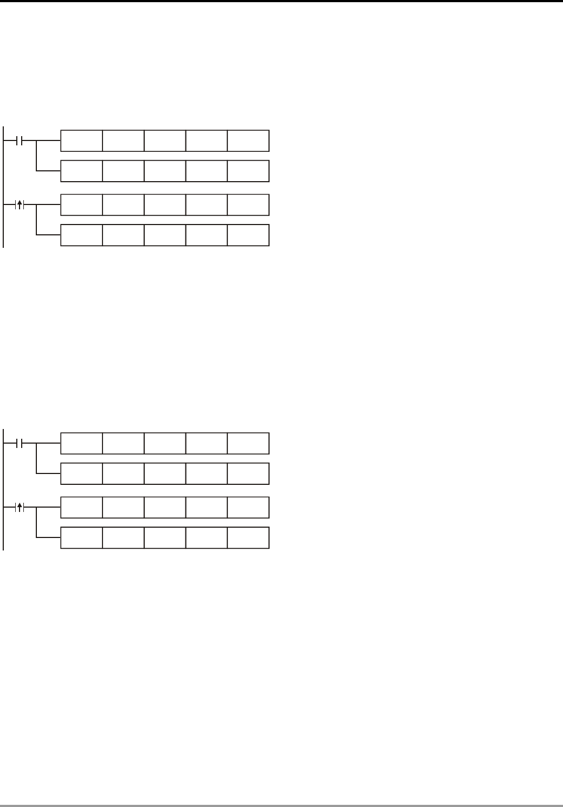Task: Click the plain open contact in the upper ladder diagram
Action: tap(19, 141)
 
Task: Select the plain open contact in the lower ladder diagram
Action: tap(19, 444)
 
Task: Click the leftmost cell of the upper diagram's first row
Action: tap(81, 141)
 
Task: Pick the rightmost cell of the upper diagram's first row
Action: tap(248, 141)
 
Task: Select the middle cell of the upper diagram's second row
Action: tap(165, 171)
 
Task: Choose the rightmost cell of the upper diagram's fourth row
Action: tap(248, 235)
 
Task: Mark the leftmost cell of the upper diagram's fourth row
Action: tap(81, 235)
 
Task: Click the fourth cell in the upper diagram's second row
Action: tap(207, 171)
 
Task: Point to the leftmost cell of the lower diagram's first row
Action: tap(81, 444)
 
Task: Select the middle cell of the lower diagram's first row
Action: tap(165, 444)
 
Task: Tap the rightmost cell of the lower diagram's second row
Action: tap(248, 473)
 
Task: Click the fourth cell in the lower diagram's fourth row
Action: tap(207, 538)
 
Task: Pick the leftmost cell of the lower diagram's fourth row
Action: tap(81, 538)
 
